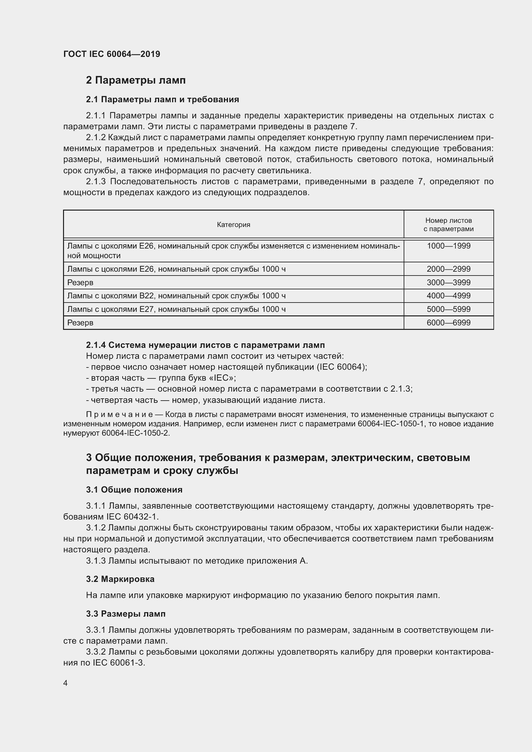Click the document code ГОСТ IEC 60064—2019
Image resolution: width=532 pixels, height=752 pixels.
(x=112, y=54)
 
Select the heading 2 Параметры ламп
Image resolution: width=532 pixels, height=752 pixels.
(x=136, y=80)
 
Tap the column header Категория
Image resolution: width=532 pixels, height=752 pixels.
(x=233, y=225)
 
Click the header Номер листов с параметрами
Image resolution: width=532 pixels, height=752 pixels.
(x=448, y=225)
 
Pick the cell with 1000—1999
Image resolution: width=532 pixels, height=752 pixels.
(x=448, y=246)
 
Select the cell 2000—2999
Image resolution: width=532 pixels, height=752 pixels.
(x=448, y=269)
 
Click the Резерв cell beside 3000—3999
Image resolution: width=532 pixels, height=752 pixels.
(x=80, y=282)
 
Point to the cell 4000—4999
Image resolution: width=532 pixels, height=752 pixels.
(x=448, y=296)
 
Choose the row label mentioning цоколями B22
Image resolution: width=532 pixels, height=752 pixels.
(x=176, y=296)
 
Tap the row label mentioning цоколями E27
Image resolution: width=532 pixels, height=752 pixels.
(x=176, y=309)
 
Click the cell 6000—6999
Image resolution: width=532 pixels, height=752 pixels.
(x=448, y=322)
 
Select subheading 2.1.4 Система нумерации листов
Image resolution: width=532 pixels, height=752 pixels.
(x=206, y=345)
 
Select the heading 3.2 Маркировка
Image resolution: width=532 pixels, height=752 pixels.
(x=120, y=579)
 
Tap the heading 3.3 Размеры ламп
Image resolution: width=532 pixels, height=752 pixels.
(x=126, y=614)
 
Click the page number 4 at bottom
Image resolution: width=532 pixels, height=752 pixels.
(x=66, y=683)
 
